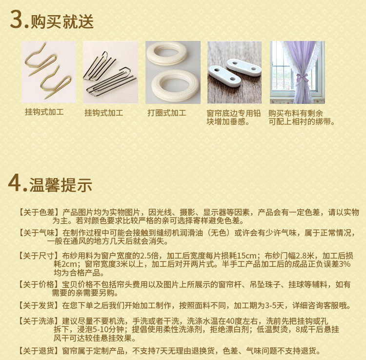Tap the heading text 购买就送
click(62, 21)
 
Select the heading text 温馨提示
click(61, 185)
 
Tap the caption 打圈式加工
click(167, 113)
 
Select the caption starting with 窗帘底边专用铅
click(233, 118)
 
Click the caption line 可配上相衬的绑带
click(302, 121)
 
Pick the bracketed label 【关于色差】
click(39, 212)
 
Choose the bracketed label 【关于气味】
click(39, 233)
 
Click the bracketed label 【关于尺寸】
click(39, 256)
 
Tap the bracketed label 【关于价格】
click(39, 284)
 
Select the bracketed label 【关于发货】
click(39, 305)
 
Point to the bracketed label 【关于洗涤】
click(39, 321)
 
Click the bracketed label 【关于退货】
click(39, 350)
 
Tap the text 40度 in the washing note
click(234, 321)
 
